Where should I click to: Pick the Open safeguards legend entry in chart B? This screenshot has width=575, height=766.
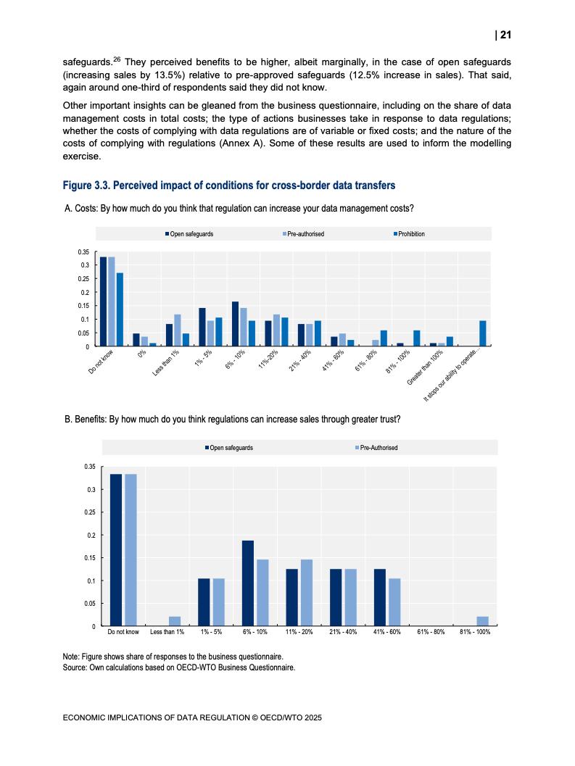(x=229, y=448)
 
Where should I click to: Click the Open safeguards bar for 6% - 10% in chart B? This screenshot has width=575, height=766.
(x=248, y=583)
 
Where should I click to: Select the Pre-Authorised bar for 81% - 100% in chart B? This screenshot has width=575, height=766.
(x=483, y=621)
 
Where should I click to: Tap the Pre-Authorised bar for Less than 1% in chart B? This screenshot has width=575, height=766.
(x=175, y=621)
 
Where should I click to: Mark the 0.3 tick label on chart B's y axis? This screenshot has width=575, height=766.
(x=91, y=490)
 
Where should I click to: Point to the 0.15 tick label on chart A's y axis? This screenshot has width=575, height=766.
(x=84, y=306)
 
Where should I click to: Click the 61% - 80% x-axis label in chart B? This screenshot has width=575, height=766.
(x=431, y=633)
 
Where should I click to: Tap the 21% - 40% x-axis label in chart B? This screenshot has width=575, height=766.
(x=343, y=633)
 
